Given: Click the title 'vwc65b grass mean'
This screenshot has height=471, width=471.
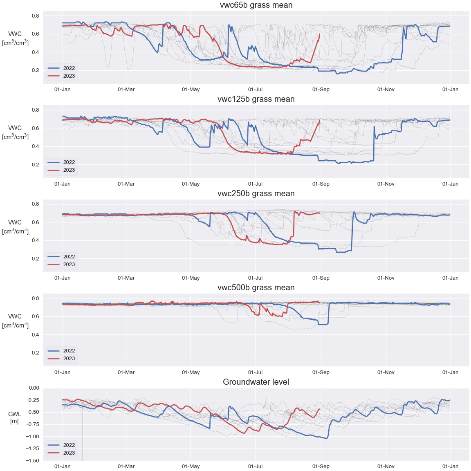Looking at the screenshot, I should [x=256, y=5].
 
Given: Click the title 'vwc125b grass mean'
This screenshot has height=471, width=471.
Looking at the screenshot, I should [x=256, y=99].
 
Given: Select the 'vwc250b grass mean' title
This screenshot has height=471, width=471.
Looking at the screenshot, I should [x=256, y=194].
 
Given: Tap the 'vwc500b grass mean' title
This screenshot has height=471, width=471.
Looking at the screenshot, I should [x=256, y=288].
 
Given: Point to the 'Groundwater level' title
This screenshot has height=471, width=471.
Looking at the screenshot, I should [x=256, y=382].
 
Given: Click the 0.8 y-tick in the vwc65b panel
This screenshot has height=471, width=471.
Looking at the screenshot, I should [x=36, y=16].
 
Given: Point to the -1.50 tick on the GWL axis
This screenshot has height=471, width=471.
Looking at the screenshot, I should [x=31, y=461].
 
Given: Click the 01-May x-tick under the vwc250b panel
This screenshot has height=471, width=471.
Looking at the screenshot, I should [x=191, y=278].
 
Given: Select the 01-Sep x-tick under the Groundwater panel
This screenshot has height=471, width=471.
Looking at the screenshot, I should [x=321, y=467].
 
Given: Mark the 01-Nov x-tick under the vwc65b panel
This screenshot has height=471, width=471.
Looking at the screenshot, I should [x=386, y=90].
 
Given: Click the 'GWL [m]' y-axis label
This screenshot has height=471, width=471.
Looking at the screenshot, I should [x=15, y=418].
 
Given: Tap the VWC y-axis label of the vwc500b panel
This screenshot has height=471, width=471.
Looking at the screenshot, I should [x=15, y=321].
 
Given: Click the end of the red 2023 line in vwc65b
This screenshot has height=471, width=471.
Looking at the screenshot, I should [x=319, y=34].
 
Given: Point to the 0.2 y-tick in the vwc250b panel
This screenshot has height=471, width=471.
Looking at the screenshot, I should [x=36, y=259].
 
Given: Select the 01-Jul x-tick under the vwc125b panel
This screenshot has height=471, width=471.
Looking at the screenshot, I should [x=256, y=184].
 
